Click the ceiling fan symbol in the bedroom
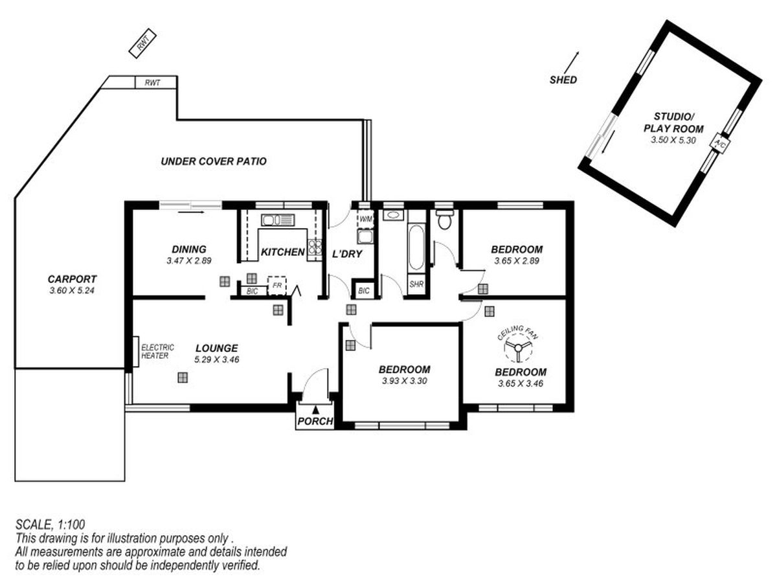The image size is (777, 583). coord(517,349)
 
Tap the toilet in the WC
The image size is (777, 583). coord(444,220)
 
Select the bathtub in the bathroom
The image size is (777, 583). coord(416,247)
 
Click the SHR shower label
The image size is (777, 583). coord(416,284)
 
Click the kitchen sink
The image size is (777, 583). coord(278,220)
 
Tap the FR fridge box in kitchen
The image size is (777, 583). coord(277,285)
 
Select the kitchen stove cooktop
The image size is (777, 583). coord(315,247)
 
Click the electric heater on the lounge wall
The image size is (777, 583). coord(135,352)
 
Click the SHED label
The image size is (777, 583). coord(563,80)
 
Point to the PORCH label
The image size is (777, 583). coord(315,421)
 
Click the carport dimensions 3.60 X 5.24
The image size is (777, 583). coord(72,291)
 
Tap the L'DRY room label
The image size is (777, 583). coord(347,254)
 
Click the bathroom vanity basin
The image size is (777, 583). coord(392,215)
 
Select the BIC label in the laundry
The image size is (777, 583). coord(364,291)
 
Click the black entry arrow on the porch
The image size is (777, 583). coord(315,410)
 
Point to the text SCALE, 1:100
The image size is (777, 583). coord(50,524)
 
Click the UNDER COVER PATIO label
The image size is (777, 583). coord(214,161)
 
